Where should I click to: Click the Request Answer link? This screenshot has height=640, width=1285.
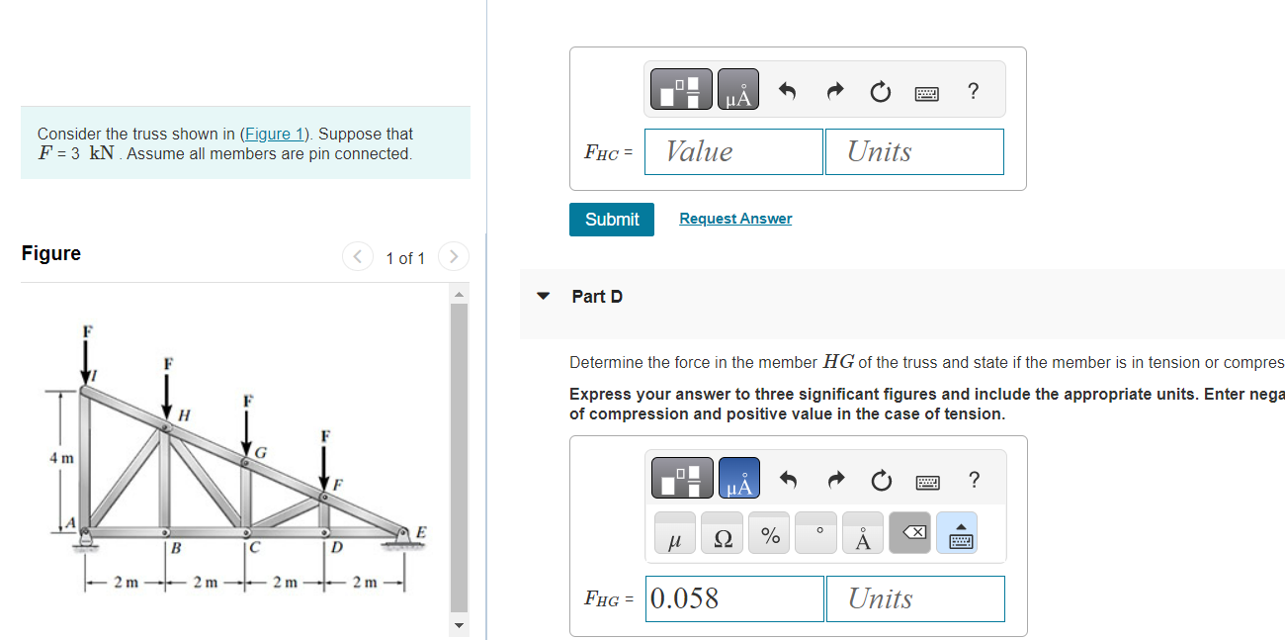pos(735,219)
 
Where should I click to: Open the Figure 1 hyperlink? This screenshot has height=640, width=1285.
pos(274,134)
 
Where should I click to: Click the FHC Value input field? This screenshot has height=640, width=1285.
pos(733,151)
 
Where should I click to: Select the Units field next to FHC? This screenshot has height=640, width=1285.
pos(914,151)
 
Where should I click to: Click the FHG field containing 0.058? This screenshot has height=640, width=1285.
pos(734,598)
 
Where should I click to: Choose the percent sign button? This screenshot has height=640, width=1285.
pos(770,537)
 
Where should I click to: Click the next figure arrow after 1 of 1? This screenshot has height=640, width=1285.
pos(453,257)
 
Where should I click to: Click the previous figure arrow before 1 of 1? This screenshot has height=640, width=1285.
pos(357,257)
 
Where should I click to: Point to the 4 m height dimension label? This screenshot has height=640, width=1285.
pos(60,459)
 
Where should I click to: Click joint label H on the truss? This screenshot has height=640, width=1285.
pos(185,412)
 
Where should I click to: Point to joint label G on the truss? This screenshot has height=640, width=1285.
pos(261,452)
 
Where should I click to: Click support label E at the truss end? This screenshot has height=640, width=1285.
pos(422,532)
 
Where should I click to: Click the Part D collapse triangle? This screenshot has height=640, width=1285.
pos(543,296)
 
